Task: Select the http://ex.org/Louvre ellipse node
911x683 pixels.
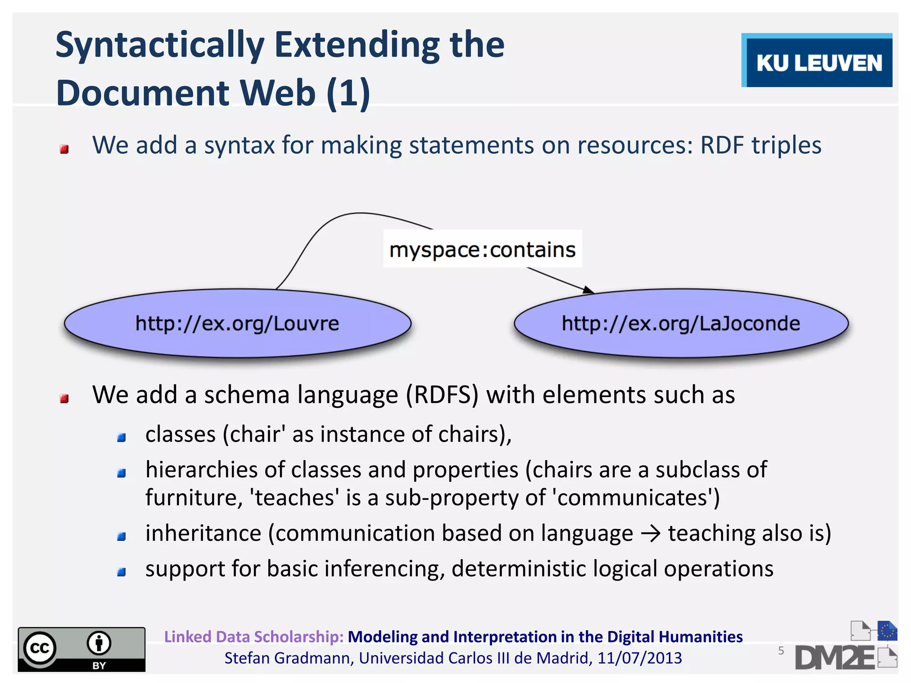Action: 237,323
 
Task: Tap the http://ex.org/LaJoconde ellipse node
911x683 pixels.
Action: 681,323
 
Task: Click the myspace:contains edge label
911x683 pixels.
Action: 482,249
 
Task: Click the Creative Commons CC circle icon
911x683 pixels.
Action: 40,648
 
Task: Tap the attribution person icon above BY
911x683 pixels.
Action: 99,643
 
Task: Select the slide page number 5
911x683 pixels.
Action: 781,651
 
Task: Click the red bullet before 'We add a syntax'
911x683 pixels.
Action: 64,149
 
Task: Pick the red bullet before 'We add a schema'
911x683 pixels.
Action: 64,398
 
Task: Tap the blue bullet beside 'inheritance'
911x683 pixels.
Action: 121,537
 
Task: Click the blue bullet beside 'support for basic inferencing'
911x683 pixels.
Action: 121,572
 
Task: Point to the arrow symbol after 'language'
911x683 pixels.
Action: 650,534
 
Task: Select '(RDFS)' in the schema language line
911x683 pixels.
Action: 442,395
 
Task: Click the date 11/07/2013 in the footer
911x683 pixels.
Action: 639,658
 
